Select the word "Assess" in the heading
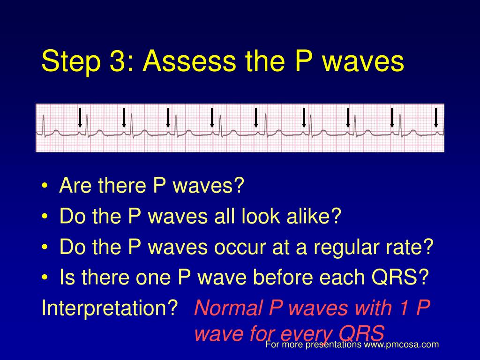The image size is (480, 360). click(189, 61)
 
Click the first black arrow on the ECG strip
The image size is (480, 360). click(80, 118)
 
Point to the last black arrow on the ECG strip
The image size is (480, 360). click(436, 118)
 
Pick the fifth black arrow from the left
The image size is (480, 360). click(256, 118)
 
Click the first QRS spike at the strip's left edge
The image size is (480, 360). click(44, 125)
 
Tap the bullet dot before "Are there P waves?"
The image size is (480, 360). click(45, 186)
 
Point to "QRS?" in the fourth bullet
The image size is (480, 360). click(400, 277)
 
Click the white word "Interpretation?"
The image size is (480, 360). click(110, 308)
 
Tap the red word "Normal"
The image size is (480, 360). click(228, 307)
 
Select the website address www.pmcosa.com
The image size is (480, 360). click(401, 345)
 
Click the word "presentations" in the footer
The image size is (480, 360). click(333, 345)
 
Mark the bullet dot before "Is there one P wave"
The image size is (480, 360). click(45, 277)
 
